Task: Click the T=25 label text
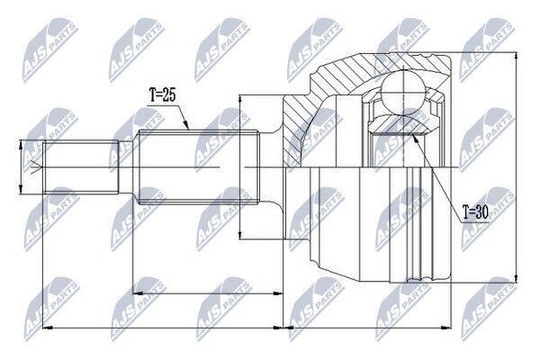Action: click(x=163, y=95)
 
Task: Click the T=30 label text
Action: click(x=475, y=213)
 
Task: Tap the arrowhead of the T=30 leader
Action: click(x=415, y=138)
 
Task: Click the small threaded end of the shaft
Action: click(x=81, y=167)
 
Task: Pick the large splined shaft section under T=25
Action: click(x=198, y=167)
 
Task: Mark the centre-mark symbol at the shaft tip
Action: click(x=36, y=167)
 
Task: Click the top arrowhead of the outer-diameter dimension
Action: click(x=516, y=58)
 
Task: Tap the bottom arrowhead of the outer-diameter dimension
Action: click(x=516, y=278)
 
